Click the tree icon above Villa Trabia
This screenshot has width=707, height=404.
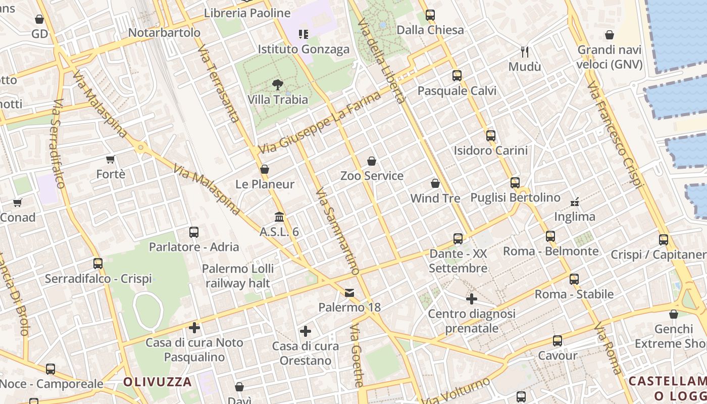(x=277, y=84)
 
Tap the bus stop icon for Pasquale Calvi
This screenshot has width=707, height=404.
(x=457, y=76)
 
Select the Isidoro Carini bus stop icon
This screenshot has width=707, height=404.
(x=491, y=135)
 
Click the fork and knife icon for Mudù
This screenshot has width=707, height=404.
(x=525, y=52)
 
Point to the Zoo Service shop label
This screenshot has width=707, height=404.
(x=372, y=176)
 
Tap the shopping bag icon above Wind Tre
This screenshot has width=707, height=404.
(x=435, y=183)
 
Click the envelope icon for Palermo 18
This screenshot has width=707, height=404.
(x=349, y=292)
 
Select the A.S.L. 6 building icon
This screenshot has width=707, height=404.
(x=279, y=217)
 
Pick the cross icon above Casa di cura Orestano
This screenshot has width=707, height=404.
(x=306, y=331)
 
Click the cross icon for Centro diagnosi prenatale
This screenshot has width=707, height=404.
(x=472, y=299)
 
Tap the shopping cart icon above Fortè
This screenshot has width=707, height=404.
(x=111, y=159)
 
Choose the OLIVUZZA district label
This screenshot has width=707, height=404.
(x=158, y=382)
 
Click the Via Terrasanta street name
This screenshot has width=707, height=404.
(x=218, y=86)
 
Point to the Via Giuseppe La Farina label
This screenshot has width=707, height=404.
(x=319, y=123)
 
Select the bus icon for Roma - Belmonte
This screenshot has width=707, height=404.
(x=550, y=236)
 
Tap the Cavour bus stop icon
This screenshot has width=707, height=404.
(x=558, y=341)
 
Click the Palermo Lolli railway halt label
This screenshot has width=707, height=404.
(x=238, y=276)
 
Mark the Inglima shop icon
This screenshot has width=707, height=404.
(x=575, y=201)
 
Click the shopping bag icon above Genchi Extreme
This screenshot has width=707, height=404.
(x=674, y=314)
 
